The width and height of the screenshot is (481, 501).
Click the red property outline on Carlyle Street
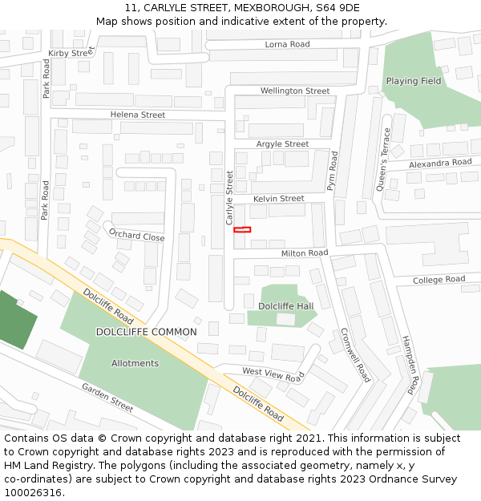[242, 230]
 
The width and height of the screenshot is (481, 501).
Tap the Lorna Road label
[287, 44]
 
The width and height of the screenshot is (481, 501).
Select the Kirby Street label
[71, 53]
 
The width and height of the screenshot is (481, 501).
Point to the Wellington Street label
[295, 91]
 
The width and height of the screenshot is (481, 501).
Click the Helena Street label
[138, 115]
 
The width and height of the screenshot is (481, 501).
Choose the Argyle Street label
[282, 144]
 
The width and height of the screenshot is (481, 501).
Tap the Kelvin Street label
[278, 198]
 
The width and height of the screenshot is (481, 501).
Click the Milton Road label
[305, 253]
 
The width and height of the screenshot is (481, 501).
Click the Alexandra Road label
[440, 163]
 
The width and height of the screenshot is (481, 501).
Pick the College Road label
[439, 280]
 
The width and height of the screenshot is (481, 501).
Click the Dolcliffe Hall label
[285, 306]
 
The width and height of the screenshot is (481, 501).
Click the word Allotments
[135, 363]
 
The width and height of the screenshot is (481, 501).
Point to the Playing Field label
[414, 81]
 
